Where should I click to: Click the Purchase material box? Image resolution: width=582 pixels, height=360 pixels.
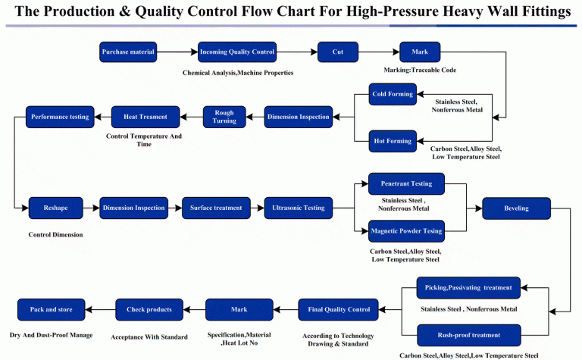(x=127, y=52)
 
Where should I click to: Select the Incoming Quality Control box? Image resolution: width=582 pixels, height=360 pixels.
(x=236, y=52)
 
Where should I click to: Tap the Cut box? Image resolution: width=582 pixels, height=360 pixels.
(x=338, y=52)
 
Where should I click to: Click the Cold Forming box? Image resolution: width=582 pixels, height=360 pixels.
(x=392, y=95)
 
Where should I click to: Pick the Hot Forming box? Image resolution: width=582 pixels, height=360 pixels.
(x=392, y=141)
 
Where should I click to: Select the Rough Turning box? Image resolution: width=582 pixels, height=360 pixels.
(x=224, y=117)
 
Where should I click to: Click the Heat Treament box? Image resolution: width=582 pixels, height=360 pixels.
(x=145, y=117)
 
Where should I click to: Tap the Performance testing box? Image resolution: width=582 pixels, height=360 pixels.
(x=60, y=117)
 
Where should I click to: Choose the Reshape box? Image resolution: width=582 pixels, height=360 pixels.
(x=55, y=208)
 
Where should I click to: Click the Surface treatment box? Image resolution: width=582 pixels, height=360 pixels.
(x=216, y=208)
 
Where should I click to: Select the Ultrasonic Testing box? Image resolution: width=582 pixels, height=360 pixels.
(x=298, y=208)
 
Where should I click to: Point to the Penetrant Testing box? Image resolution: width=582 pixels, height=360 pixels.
(x=406, y=184)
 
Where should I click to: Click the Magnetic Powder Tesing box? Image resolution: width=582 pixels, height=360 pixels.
(x=406, y=231)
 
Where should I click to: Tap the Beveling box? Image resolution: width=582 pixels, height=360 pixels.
(x=515, y=208)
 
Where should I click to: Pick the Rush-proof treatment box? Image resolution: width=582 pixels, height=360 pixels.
(x=468, y=335)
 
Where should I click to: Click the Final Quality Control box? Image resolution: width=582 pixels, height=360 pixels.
(x=338, y=309)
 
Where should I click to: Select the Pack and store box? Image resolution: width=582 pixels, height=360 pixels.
(x=52, y=309)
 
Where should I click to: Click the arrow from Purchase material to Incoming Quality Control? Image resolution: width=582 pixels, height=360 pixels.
(x=177, y=52)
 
